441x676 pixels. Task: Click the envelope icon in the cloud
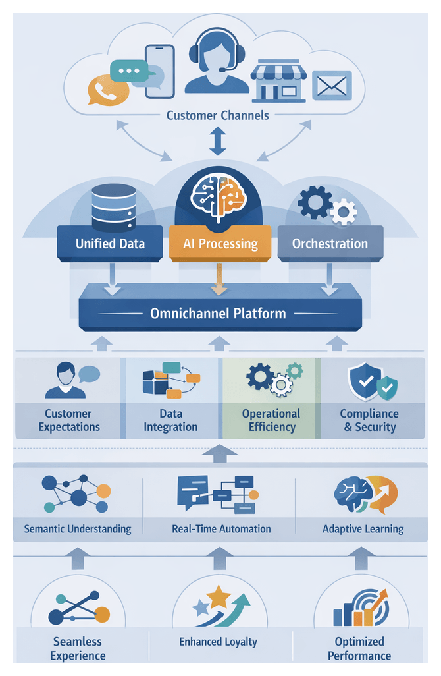click(x=332, y=85)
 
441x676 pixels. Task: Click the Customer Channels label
click(x=217, y=115)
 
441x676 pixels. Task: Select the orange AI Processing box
click(x=219, y=243)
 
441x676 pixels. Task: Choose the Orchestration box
click(x=330, y=243)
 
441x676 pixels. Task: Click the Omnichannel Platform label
click(x=218, y=313)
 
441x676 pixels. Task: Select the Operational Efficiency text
click(x=271, y=420)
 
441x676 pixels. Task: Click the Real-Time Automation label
click(x=221, y=528)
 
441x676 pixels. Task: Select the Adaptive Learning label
click(x=363, y=528)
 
